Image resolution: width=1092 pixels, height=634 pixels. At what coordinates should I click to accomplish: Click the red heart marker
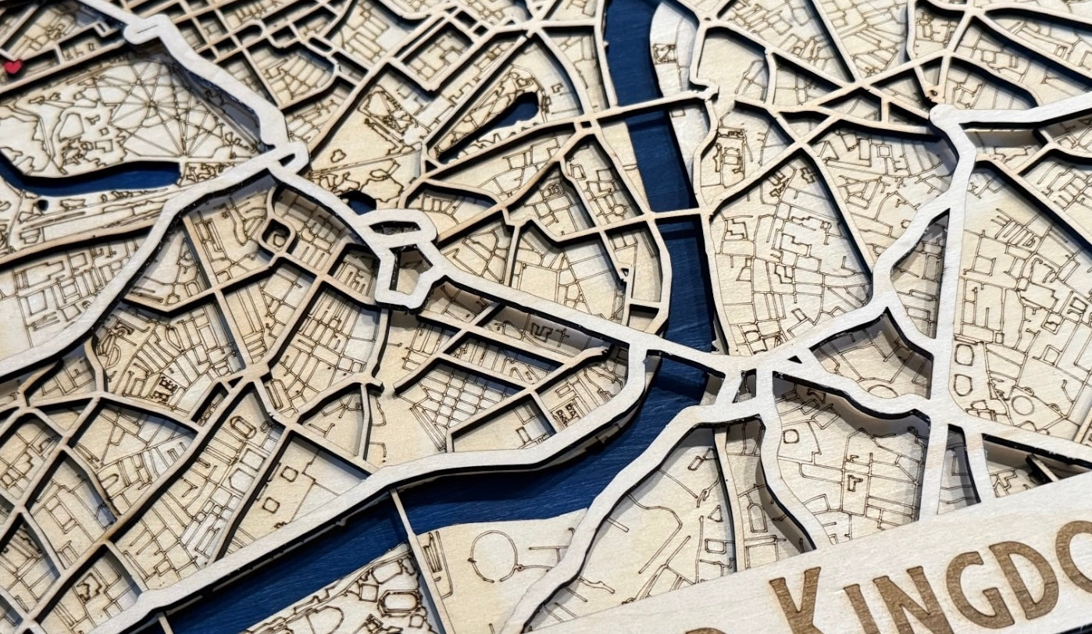(12, 67)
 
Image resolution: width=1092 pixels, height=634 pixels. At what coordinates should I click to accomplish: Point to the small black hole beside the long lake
(42, 205)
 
